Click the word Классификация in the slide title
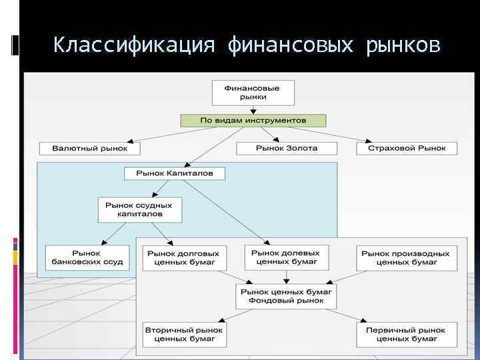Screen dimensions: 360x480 tap(134, 45)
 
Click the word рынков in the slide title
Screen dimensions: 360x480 tap(403, 45)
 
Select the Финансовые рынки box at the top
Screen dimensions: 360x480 tap(251, 93)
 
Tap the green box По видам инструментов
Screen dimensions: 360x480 tap(253, 121)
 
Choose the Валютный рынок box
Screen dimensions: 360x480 tap(83, 148)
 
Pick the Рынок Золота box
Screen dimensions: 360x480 tap(287, 148)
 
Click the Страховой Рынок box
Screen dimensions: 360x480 tap(407, 148)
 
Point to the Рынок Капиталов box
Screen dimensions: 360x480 tap(175, 173)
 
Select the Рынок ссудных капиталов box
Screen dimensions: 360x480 tap(139, 210)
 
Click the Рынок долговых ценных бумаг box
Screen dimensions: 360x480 tap(183, 258)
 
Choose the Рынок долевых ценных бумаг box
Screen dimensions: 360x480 tap(287, 257)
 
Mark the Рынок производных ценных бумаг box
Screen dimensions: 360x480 tap(406, 258)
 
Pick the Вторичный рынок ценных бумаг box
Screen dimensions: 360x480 tap(184, 334)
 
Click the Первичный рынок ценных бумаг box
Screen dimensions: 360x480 tap(406, 334)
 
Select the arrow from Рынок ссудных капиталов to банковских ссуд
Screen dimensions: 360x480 tap(113, 234)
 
